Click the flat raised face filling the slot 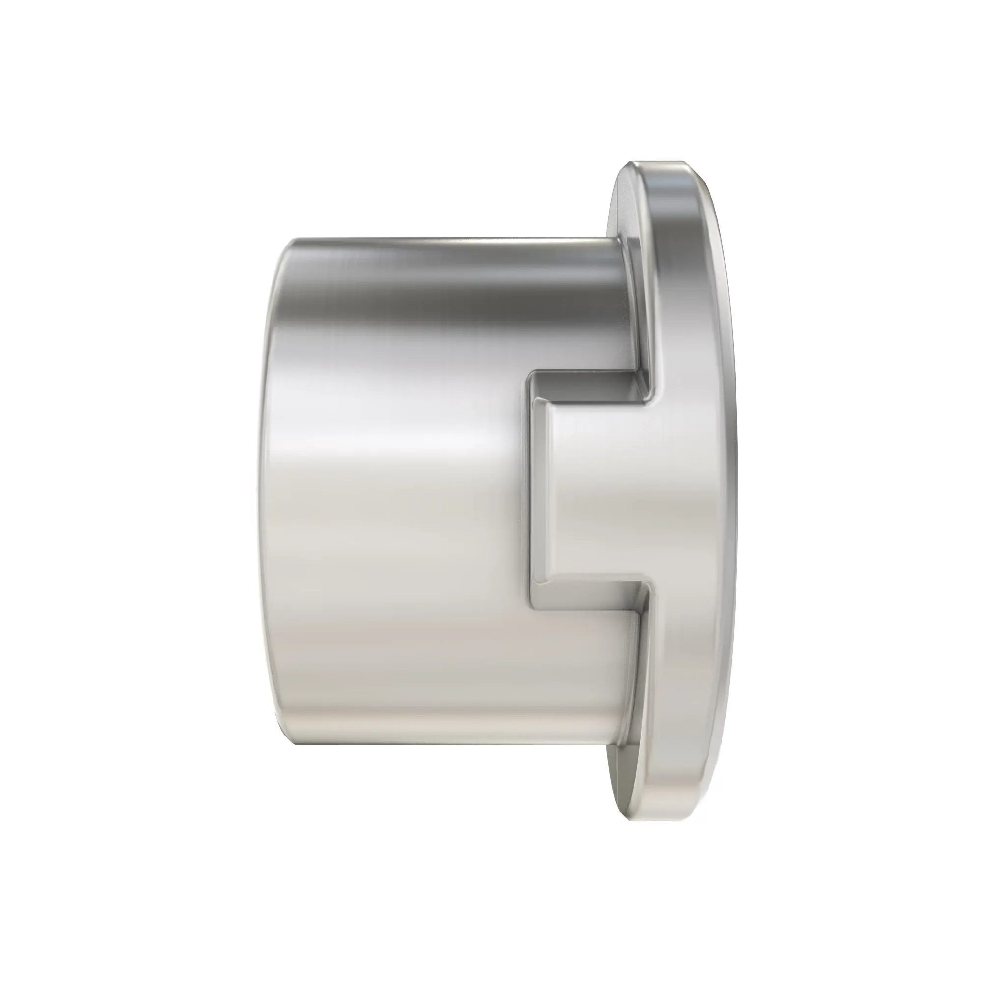click(x=600, y=491)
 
